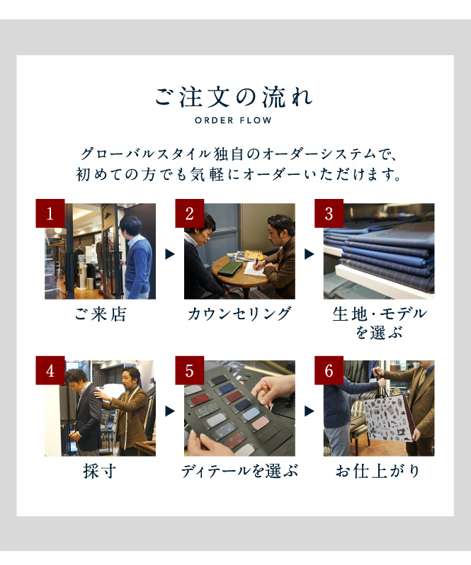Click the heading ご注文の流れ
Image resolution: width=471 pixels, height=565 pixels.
tap(234, 97)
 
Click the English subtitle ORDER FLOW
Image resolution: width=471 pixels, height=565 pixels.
tap(233, 120)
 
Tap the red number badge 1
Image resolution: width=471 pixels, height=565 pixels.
tap(50, 213)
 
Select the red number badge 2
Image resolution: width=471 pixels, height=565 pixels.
tap(190, 213)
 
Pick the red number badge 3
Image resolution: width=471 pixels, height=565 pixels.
tap(329, 213)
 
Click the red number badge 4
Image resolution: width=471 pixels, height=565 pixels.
tap(50, 370)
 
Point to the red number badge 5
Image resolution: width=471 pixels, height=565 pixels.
tap(190, 370)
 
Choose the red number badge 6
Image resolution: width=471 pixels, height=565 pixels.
tap(329, 370)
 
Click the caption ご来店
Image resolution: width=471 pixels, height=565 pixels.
tap(100, 314)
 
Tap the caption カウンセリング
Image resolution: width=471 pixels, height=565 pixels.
tap(239, 314)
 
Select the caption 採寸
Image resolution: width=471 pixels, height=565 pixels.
tap(100, 471)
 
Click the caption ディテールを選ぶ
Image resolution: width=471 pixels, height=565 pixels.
tap(239, 471)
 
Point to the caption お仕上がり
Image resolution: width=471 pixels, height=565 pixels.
tap(378, 471)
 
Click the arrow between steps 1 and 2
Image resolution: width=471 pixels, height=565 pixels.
tap(170, 254)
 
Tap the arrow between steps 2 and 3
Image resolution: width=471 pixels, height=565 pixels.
tap(310, 254)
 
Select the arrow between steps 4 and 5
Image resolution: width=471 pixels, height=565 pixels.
tap(170, 411)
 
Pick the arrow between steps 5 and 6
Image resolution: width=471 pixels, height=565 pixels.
tap(310, 411)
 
